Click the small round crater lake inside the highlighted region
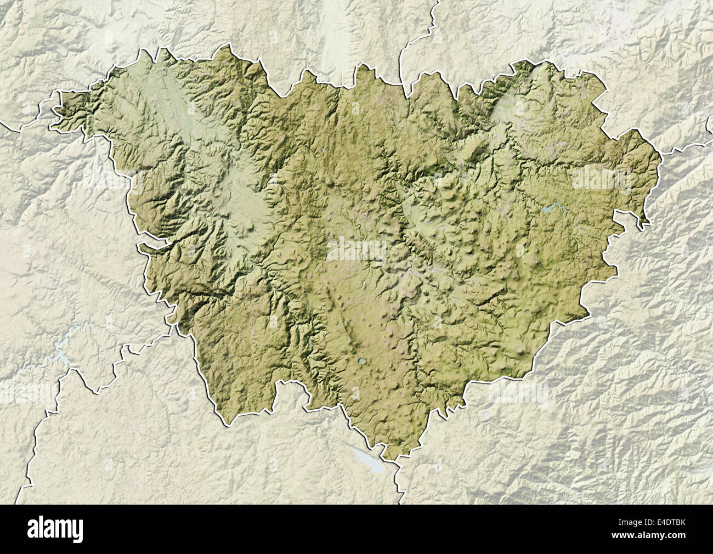tap(363, 362)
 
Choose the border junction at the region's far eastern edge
tap(660, 154)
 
